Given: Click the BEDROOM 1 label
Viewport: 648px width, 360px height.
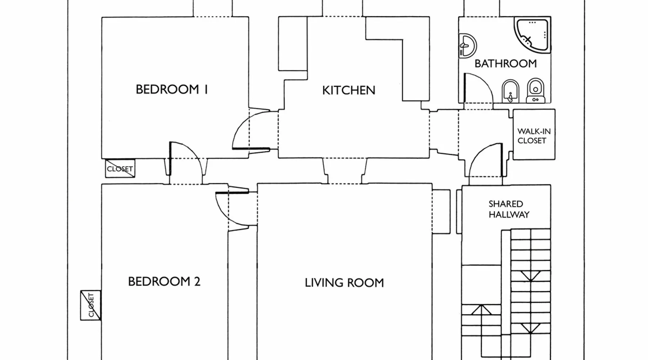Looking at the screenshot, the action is click(172, 89).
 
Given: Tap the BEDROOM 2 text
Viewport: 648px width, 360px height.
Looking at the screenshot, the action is click(164, 281).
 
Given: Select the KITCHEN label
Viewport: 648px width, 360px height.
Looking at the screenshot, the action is click(348, 90).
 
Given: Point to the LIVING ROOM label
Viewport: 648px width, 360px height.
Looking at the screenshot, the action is click(344, 283).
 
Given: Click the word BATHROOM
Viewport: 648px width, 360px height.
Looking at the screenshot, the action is click(505, 63).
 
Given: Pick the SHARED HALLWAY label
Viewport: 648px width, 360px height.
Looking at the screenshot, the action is click(509, 209).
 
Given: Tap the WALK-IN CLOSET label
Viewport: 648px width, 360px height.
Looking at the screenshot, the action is click(534, 136).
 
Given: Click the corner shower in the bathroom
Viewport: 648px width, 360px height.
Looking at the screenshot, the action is click(532, 36).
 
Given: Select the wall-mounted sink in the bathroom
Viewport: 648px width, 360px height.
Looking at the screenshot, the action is click(468, 46).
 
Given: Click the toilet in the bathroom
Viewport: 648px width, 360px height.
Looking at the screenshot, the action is click(535, 90).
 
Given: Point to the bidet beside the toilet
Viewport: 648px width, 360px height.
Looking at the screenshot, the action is click(510, 91).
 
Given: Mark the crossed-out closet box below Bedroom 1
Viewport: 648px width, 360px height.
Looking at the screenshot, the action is click(120, 168).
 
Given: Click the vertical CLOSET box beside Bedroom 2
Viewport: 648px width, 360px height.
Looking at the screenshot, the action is click(91, 305).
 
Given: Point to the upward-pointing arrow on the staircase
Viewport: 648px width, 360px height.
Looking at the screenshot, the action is click(481, 310).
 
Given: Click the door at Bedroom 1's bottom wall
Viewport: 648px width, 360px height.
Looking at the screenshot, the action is click(185, 158).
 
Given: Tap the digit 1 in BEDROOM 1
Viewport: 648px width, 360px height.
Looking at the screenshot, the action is click(206, 89).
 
